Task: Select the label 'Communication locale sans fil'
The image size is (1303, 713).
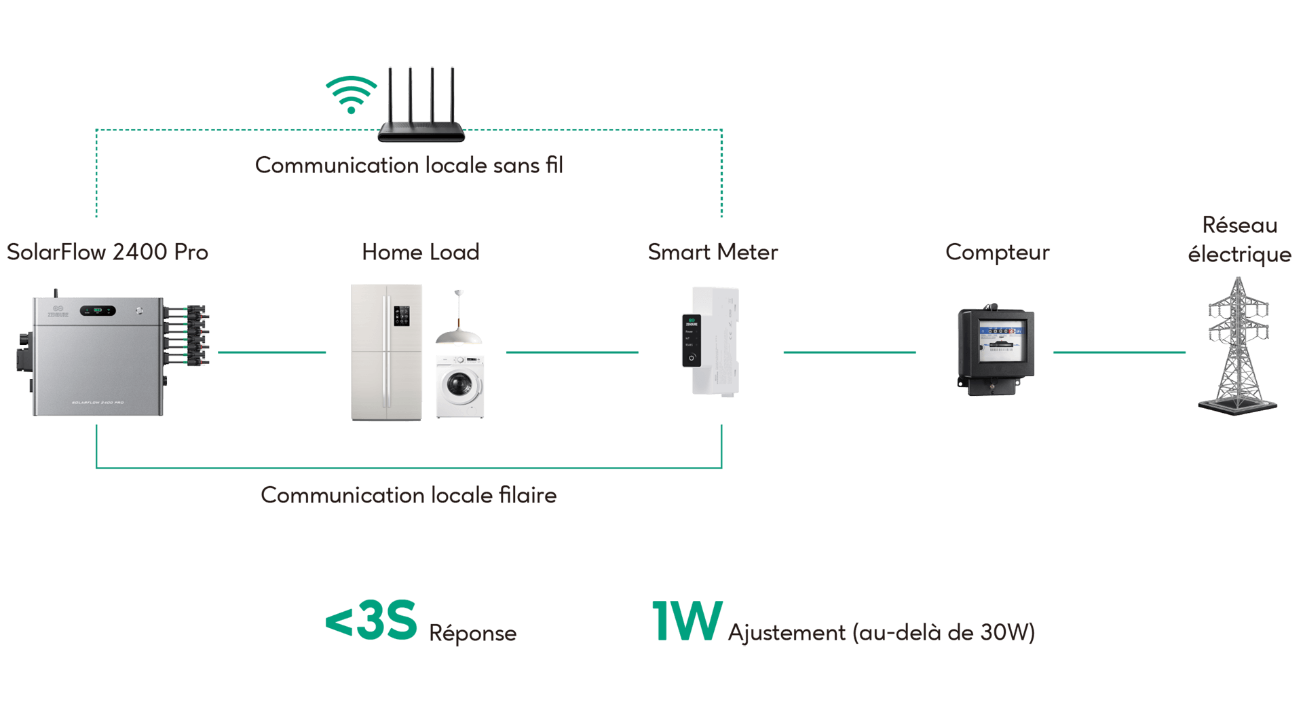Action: point(409,165)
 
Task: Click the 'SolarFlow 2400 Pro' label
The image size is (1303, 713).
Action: point(107,252)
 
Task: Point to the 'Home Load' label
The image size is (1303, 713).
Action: point(421,252)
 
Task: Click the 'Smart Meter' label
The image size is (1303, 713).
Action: point(713,252)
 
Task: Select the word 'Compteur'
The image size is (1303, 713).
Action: point(997,253)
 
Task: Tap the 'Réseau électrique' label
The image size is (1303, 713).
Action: point(1239,239)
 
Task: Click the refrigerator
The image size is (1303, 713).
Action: point(386,352)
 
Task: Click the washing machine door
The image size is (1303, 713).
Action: point(458,385)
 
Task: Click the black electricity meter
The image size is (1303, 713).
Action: point(996,350)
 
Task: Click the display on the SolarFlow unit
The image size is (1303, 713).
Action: point(98,310)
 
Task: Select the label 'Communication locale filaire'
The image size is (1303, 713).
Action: point(409,495)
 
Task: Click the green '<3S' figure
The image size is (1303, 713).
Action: point(371,620)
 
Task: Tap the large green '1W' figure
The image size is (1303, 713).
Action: point(686,621)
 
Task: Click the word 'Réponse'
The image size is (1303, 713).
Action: point(472,633)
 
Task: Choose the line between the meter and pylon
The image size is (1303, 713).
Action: point(1119,352)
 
